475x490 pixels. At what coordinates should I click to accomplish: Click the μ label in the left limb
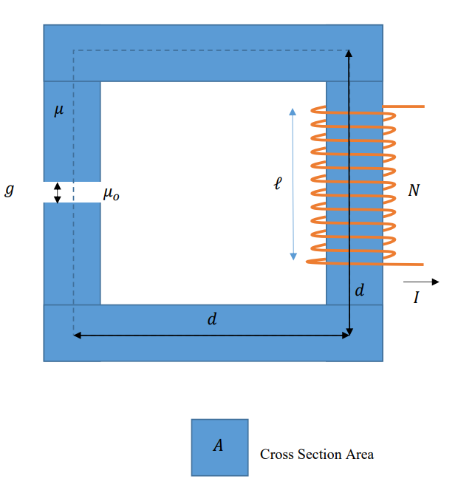(59, 112)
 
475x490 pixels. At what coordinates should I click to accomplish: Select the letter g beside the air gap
(10, 190)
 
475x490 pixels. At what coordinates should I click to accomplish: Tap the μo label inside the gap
(112, 194)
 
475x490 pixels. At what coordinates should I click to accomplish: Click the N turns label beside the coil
(414, 191)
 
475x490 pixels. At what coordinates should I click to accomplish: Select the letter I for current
(417, 299)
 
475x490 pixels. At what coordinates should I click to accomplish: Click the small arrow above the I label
(421, 282)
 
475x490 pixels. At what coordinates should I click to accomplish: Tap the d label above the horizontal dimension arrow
(212, 320)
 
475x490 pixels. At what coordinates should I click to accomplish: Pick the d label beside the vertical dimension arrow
(360, 290)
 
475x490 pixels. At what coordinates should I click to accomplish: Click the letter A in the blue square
(219, 445)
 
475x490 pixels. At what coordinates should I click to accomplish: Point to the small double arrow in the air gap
(58, 192)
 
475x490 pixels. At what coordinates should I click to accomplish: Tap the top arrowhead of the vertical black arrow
(349, 52)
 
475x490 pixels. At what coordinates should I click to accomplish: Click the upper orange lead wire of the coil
(405, 107)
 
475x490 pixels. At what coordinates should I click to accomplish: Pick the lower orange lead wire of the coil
(405, 264)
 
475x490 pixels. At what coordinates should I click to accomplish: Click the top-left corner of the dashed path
(73, 51)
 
